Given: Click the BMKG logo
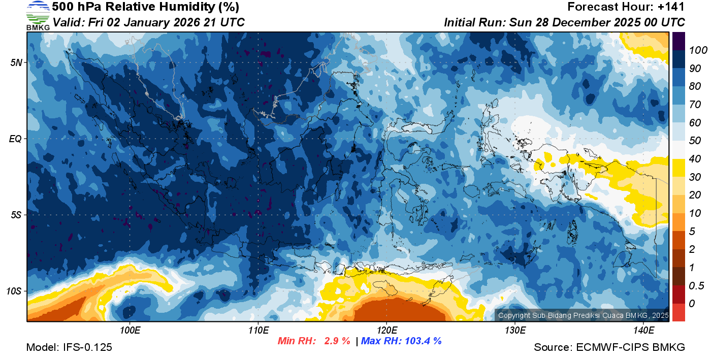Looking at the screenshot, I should point(38,15).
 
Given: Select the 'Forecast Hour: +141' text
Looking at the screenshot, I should point(626,7).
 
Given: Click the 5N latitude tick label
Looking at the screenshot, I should point(16,62).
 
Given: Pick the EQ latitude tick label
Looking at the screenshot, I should point(15,139).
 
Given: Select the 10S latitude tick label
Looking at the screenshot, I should point(14,291).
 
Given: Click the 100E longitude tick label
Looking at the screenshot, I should point(130,331).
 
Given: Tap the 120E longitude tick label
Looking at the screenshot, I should point(386,331).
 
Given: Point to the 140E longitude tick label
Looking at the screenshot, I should point(643,331).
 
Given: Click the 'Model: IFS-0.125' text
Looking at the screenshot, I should point(69,348).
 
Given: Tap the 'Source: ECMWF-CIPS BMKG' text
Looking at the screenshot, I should point(609,348).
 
